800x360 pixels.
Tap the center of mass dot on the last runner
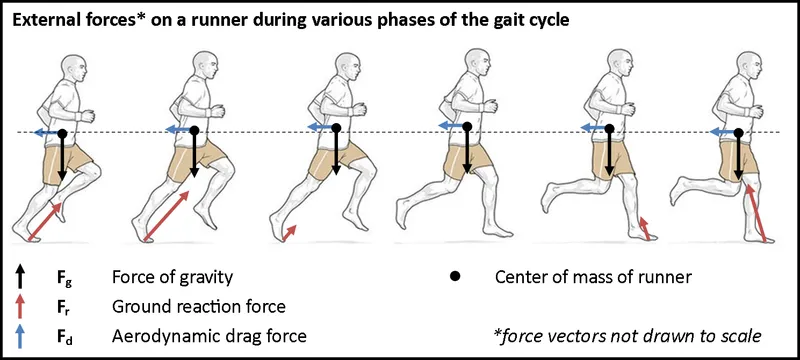point(739,132)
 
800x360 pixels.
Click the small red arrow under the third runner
point(291,232)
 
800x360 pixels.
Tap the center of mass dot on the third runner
point(336,128)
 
